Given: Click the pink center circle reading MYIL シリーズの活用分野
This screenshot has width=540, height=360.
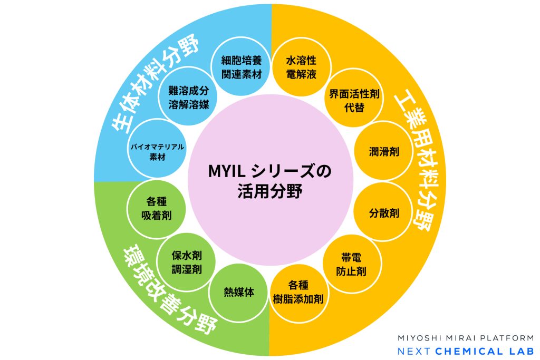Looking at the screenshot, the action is pos(270,180).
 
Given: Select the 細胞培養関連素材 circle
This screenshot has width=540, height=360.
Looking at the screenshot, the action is pos(242,67).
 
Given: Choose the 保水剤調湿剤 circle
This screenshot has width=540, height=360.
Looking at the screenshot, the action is pos(187,261).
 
